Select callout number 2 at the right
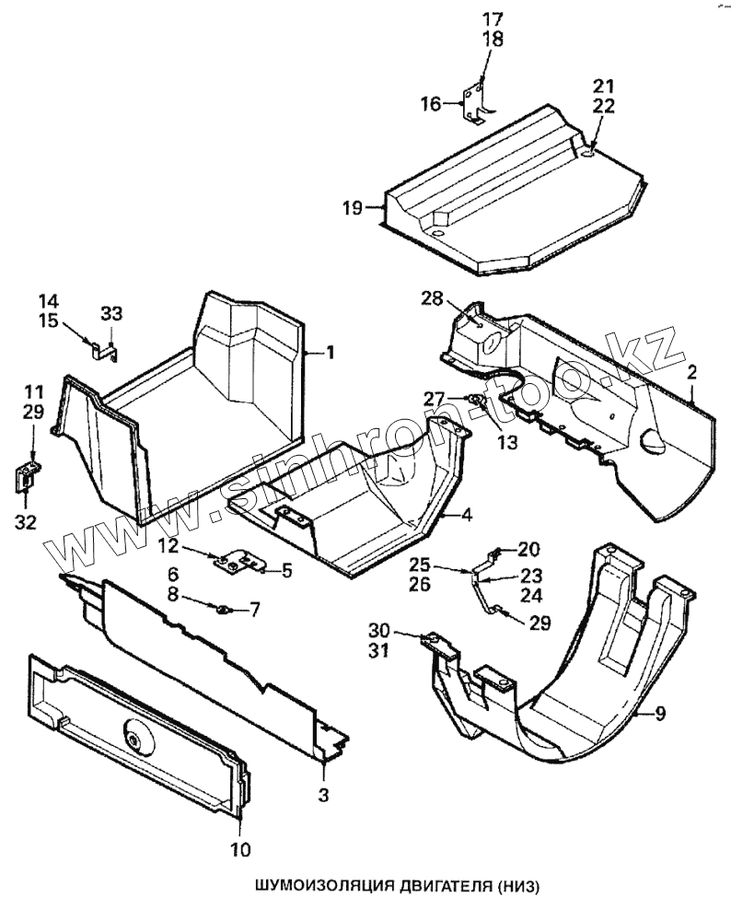tap(690, 372)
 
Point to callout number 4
tap(467, 515)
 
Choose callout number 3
tap(324, 792)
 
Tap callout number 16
tap(432, 103)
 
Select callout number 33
tap(110, 313)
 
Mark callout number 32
tap(26, 522)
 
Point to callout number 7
tap(255, 608)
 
